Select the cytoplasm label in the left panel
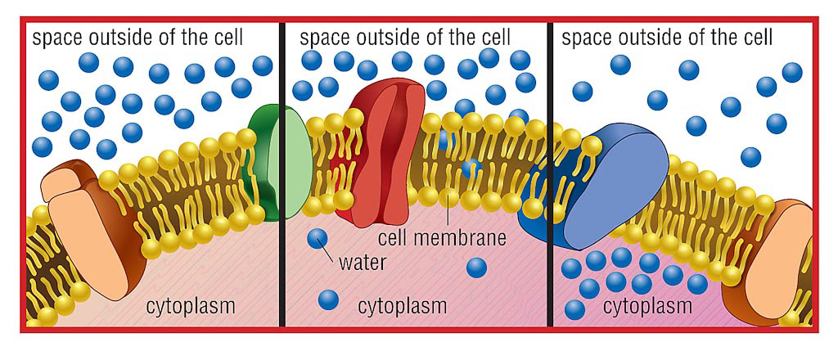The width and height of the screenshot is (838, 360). point(191,307)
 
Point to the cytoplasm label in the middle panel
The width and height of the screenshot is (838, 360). point(403,307)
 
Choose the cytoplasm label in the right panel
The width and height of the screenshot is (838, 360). point(647,307)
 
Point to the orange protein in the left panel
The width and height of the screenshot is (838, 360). point(86,229)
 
